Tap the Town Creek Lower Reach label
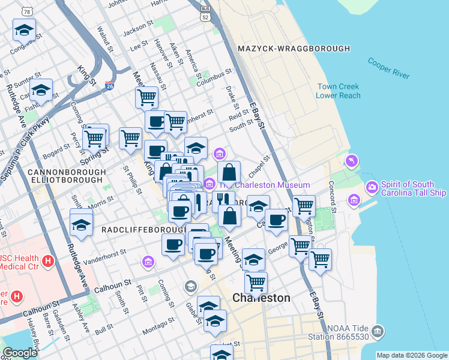(x=339, y=91)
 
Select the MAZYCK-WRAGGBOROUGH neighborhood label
(x=294, y=48)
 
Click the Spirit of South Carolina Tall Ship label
(x=413, y=190)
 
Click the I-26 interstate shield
(x=109, y=86)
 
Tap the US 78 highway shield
(x=26, y=11)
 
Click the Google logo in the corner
(x=20, y=353)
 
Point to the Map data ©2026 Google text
(x=412, y=355)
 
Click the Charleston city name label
(x=261, y=298)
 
